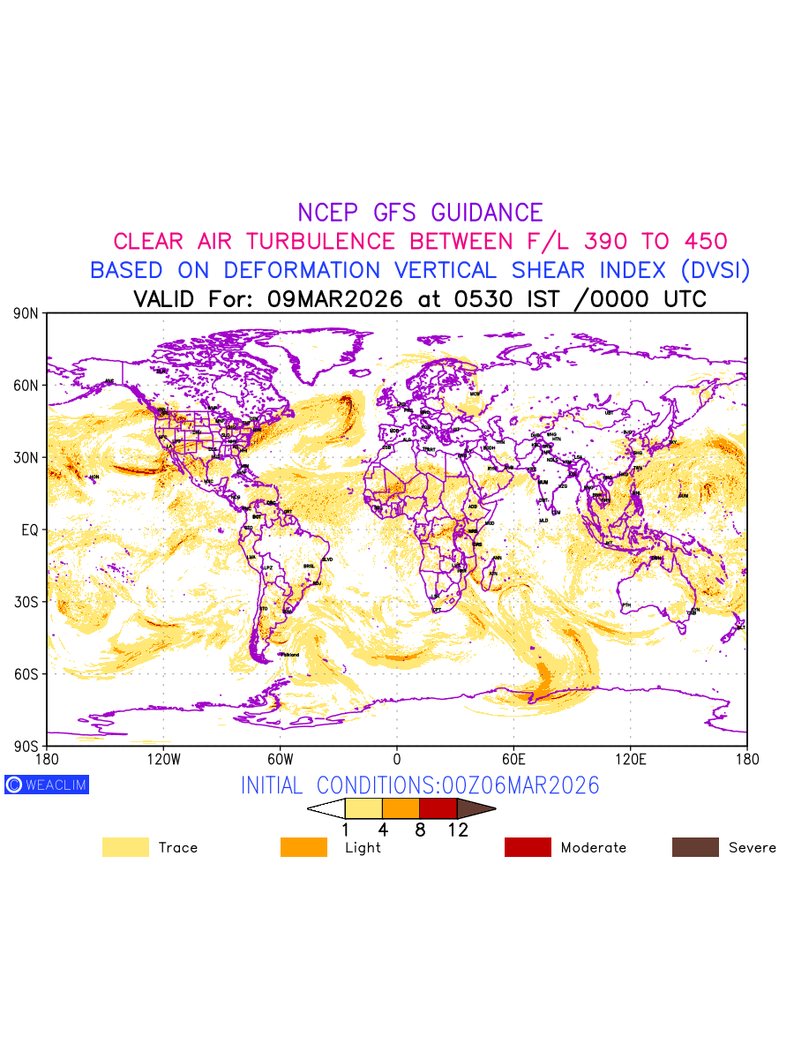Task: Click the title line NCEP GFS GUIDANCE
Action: (420, 213)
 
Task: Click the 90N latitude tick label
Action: (26, 313)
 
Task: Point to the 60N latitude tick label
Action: (26, 386)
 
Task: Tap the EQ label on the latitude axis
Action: (30, 529)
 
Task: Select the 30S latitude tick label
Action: (26, 602)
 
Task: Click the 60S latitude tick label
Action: (26, 674)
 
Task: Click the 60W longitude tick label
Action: (280, 758)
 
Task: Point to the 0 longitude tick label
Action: (397, 758)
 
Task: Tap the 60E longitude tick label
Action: (513, 758)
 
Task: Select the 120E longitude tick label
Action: (630, 758)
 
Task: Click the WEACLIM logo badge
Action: (47, 785)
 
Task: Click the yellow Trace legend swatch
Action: (125, 847)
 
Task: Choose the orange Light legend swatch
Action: (303, 847)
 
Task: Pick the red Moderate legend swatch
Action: (528, 847)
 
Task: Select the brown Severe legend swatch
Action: (695, 847)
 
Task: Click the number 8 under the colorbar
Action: (420, 830)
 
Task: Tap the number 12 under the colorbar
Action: (457, 830)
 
